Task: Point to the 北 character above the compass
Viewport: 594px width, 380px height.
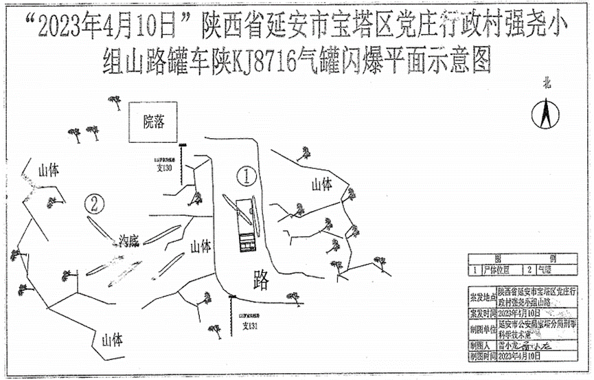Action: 547,84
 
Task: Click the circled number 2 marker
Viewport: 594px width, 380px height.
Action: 95,203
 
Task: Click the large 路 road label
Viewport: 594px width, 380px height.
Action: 261,279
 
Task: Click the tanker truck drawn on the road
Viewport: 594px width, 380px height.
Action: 244,225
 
